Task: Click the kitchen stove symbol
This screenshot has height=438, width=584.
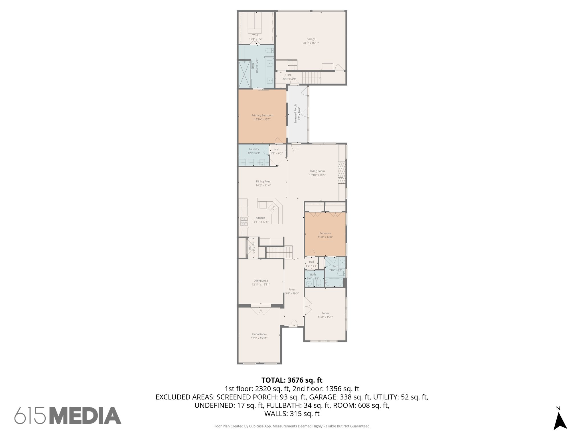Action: (244, 222)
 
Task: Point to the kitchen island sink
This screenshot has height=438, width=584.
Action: (272, 208)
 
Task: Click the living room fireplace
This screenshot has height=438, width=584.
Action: (342, 173)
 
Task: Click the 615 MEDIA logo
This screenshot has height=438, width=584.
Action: (68, 415)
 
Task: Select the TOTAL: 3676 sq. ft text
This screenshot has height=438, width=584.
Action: (292, 380)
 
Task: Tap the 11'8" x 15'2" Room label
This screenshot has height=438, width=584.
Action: (325, 315)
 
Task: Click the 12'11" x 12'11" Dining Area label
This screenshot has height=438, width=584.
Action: (261, 283)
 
